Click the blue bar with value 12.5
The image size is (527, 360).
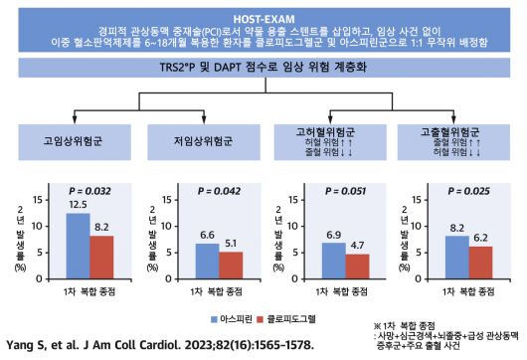[x=78, y=248]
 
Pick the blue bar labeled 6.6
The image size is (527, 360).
[x=206, y=264]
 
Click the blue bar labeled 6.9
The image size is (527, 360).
[x=334, y=263]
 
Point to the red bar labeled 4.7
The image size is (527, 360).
[x=357, y=269]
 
